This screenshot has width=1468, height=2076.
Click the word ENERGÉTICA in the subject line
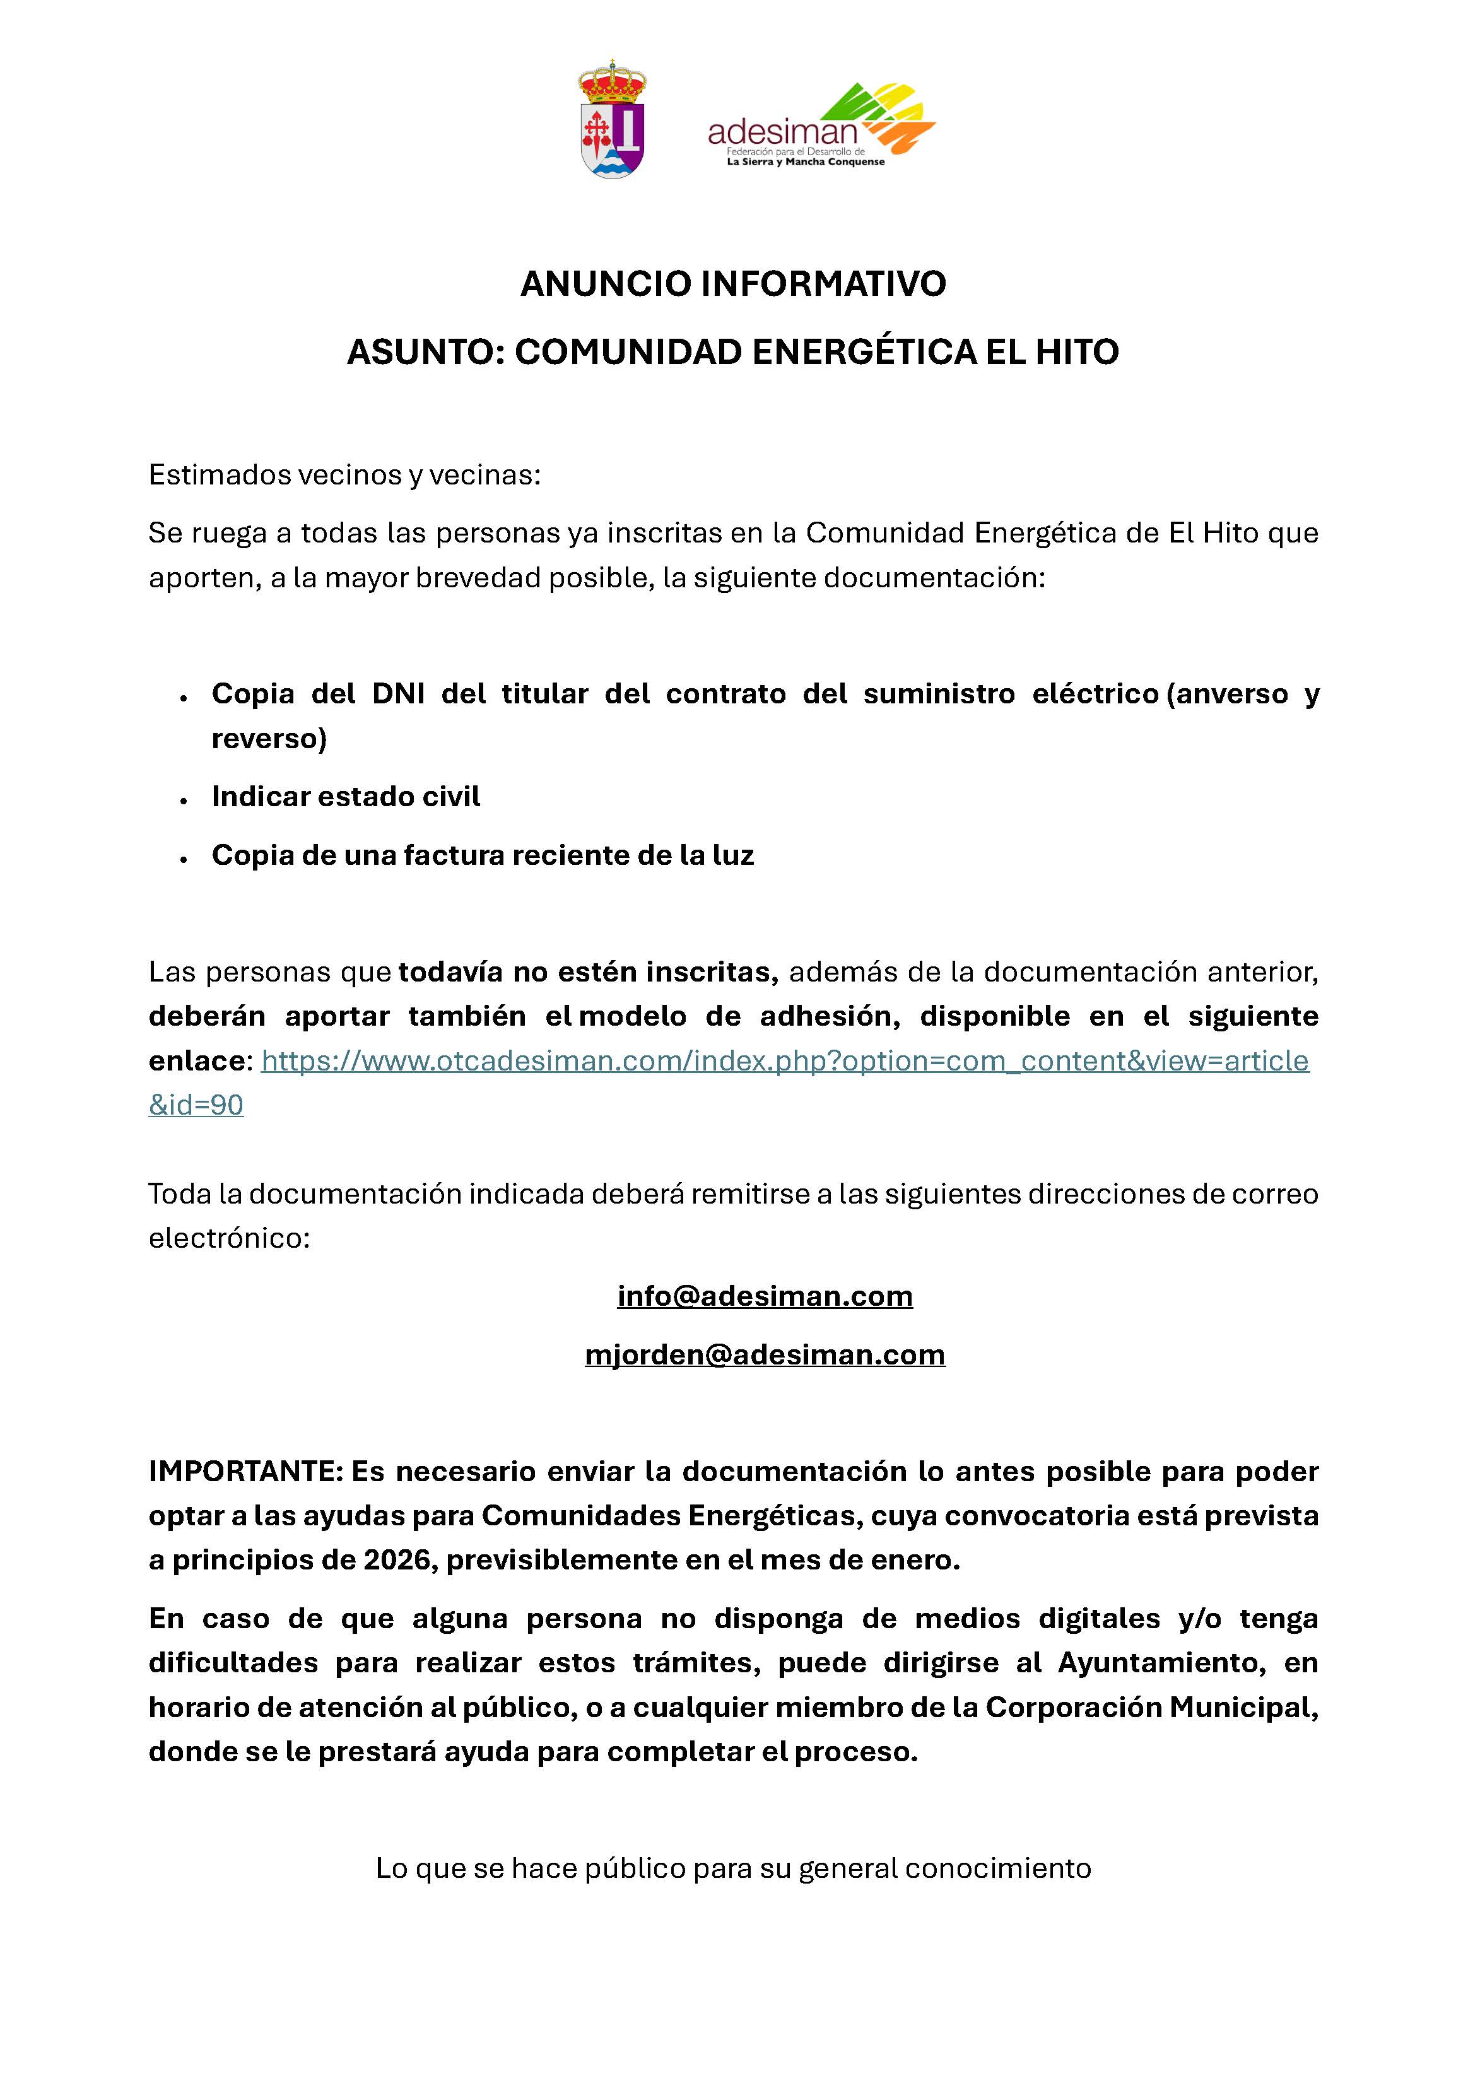pyautogui.click(x=864, y=352)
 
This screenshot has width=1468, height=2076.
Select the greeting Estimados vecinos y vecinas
pyautogui.click(x=344, y=475)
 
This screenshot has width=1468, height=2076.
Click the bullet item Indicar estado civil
pyautogui.click(x=346, y=797)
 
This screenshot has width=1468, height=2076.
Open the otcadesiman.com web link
pyautogui.click(x=784, y=1060)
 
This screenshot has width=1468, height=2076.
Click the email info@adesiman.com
pyautogui.click(x=765, y=1296)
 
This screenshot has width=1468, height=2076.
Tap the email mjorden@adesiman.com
pyautogui.click(x=765, y=1354)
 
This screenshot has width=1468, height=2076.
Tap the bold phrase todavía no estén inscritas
pyautogui.click(x=588, y=972)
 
